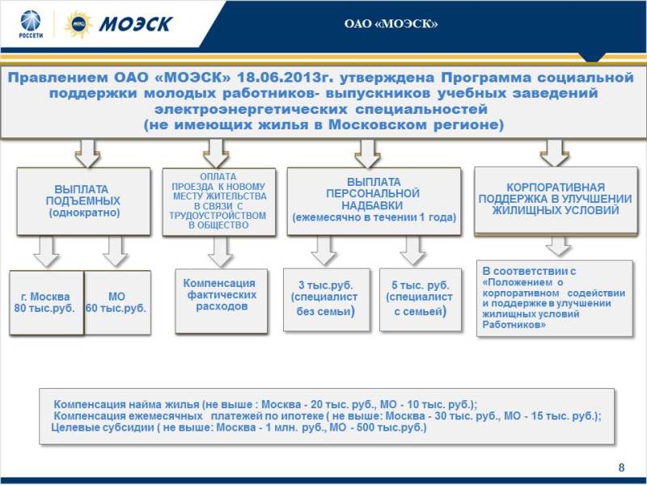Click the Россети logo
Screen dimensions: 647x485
point(31,24)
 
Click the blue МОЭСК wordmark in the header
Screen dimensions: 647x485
point(135,24)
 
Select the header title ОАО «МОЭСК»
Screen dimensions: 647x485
point(391,24)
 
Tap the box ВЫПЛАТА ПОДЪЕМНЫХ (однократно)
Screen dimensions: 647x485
point(83,201)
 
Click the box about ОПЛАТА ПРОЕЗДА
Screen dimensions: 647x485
point(218,201)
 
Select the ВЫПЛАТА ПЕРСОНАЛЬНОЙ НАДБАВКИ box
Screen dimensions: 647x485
point(374,200)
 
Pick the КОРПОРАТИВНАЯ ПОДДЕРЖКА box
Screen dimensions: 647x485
point(556,200)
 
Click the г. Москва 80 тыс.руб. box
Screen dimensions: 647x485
point(46,302)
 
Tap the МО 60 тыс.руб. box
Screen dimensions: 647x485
point(117,302)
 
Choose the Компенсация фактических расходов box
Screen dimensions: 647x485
point(221,301)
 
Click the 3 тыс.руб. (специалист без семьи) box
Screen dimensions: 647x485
point(327,300)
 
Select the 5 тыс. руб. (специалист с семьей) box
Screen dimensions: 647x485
point(421,300)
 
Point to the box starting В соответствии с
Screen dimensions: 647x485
point(555,298)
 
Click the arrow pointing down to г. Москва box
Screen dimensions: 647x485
point(46,251)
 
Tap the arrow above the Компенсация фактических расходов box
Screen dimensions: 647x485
point(220,251)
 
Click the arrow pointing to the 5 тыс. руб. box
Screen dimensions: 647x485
point(412,251)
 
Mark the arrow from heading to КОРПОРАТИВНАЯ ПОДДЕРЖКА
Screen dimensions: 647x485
point(555,153)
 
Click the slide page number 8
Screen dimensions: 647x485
point(621,467)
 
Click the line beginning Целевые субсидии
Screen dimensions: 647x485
point(239,428)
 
